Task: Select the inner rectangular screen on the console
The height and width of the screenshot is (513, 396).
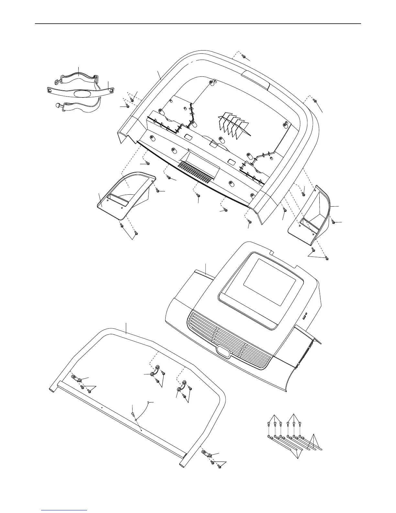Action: coord(269,282)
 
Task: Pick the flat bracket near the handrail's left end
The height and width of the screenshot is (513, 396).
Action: coord(76,378)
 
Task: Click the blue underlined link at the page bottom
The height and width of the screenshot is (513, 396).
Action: coord(64,511)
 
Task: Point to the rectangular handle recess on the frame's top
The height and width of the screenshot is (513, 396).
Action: coord(256,80)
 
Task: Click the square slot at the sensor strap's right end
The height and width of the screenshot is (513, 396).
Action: coord(111,91)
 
